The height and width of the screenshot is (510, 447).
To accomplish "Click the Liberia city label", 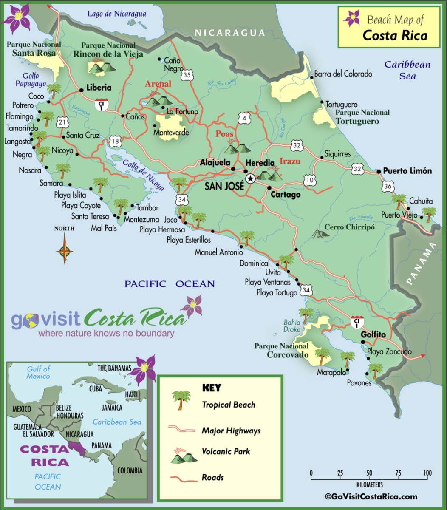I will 99,88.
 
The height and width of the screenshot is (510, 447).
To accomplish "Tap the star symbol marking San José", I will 250,178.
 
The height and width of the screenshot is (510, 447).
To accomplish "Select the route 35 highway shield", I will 187,75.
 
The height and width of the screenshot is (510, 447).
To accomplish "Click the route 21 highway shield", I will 62,122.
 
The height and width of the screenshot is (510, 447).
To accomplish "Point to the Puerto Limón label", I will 407,171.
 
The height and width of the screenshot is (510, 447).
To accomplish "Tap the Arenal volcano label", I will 158,84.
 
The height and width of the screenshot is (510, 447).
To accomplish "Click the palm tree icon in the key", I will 181,400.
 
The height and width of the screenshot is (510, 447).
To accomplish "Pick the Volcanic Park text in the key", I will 226,451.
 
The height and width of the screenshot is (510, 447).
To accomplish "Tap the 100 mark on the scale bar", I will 427,473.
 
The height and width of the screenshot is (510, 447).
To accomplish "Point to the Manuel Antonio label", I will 219,252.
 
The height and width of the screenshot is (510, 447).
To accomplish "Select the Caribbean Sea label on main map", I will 407,71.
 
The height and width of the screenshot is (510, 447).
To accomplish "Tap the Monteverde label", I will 171,133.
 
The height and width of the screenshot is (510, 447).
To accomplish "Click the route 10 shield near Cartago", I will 310,181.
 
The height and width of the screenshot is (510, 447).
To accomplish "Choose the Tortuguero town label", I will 341,105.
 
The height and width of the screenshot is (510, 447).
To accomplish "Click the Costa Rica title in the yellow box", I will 395,35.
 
